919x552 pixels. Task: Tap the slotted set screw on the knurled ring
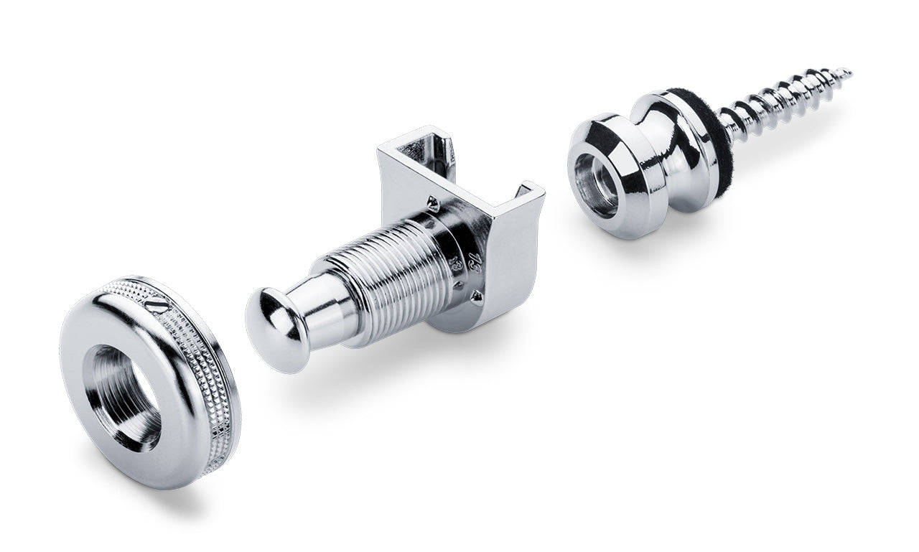pos(157,305)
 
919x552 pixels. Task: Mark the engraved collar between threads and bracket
pos(452,251)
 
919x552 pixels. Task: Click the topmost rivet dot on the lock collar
pos(434,202)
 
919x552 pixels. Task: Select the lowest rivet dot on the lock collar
pos(475,295)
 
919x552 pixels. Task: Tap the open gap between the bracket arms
pos(474,172)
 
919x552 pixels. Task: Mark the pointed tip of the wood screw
pos(848,72)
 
